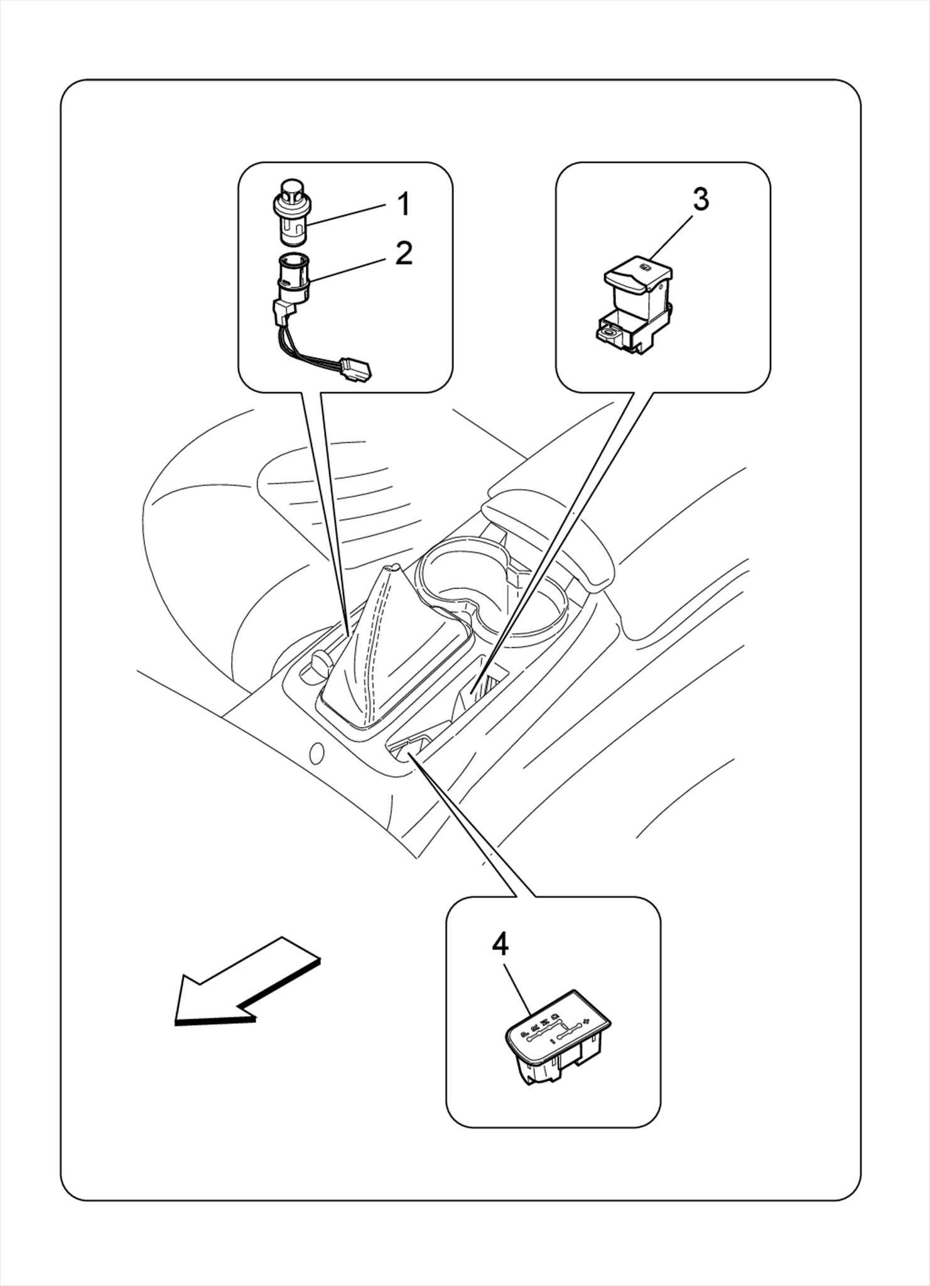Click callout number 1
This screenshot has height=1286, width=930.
(x=404, y=204)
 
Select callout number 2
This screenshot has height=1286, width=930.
(x=404, y=253)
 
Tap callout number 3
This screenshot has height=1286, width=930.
(x=700, y=199)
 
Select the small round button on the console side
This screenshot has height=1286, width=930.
(x=316, y=752)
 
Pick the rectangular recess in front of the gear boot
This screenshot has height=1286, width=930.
(x=409, y=745)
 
